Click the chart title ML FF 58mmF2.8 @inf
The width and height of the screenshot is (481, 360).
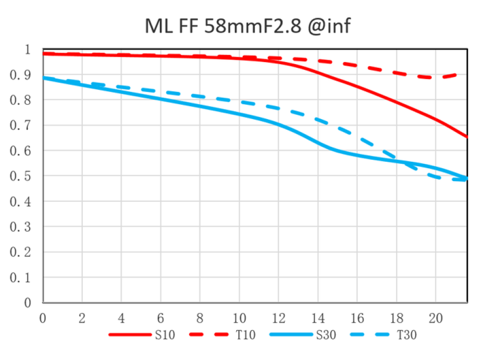[x=248, y=26]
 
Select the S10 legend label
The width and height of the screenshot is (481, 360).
[x=165, y=335]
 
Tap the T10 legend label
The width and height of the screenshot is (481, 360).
[x=245, y=335]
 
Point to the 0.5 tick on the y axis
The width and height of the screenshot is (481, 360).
[x=21, y=176]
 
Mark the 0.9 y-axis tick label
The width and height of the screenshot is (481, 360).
[x=21, y=75]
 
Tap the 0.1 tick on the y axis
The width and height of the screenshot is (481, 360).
[x=21, y=278]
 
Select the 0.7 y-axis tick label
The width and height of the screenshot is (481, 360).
[x=21, y=126]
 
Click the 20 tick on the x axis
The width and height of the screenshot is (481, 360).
[x=436, y=318]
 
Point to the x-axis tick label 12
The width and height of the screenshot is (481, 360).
[x=278, y=318]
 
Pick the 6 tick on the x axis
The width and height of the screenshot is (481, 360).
[x=160, y=318]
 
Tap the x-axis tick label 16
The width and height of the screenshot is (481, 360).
[x=357, y=318]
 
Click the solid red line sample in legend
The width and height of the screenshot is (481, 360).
[x=130, y=335]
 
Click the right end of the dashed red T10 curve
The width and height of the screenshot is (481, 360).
[x=467, y=74]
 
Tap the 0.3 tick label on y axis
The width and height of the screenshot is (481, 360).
[x=21, y=227]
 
